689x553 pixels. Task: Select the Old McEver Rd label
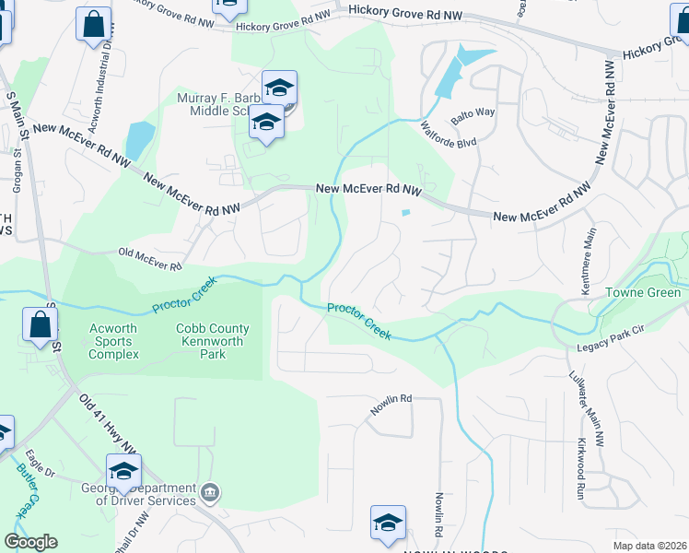150,258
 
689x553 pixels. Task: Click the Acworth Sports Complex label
114,341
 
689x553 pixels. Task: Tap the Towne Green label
643,293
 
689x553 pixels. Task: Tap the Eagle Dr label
41,465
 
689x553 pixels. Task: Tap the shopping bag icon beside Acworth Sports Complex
41,325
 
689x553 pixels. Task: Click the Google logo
30,542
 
